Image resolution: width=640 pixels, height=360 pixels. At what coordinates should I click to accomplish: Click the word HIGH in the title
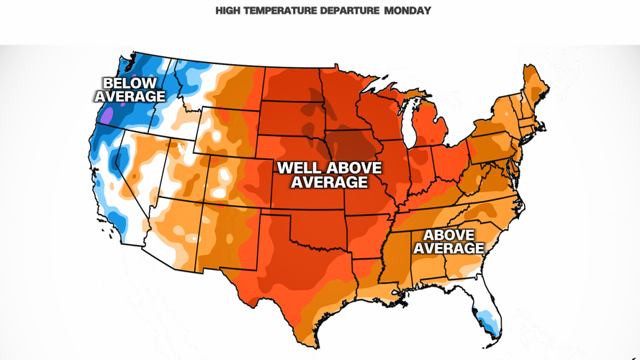(x=227, y=11)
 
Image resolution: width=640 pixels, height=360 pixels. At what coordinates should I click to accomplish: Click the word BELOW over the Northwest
(x=130, y=84)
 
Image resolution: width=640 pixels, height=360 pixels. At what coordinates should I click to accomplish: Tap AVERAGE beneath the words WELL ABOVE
(x=329, y=183)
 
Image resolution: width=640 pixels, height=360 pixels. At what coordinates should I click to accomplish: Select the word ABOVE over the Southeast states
(x=449, y=235)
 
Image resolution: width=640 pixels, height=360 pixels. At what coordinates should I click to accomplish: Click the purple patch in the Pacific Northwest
(x=107, y=114)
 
